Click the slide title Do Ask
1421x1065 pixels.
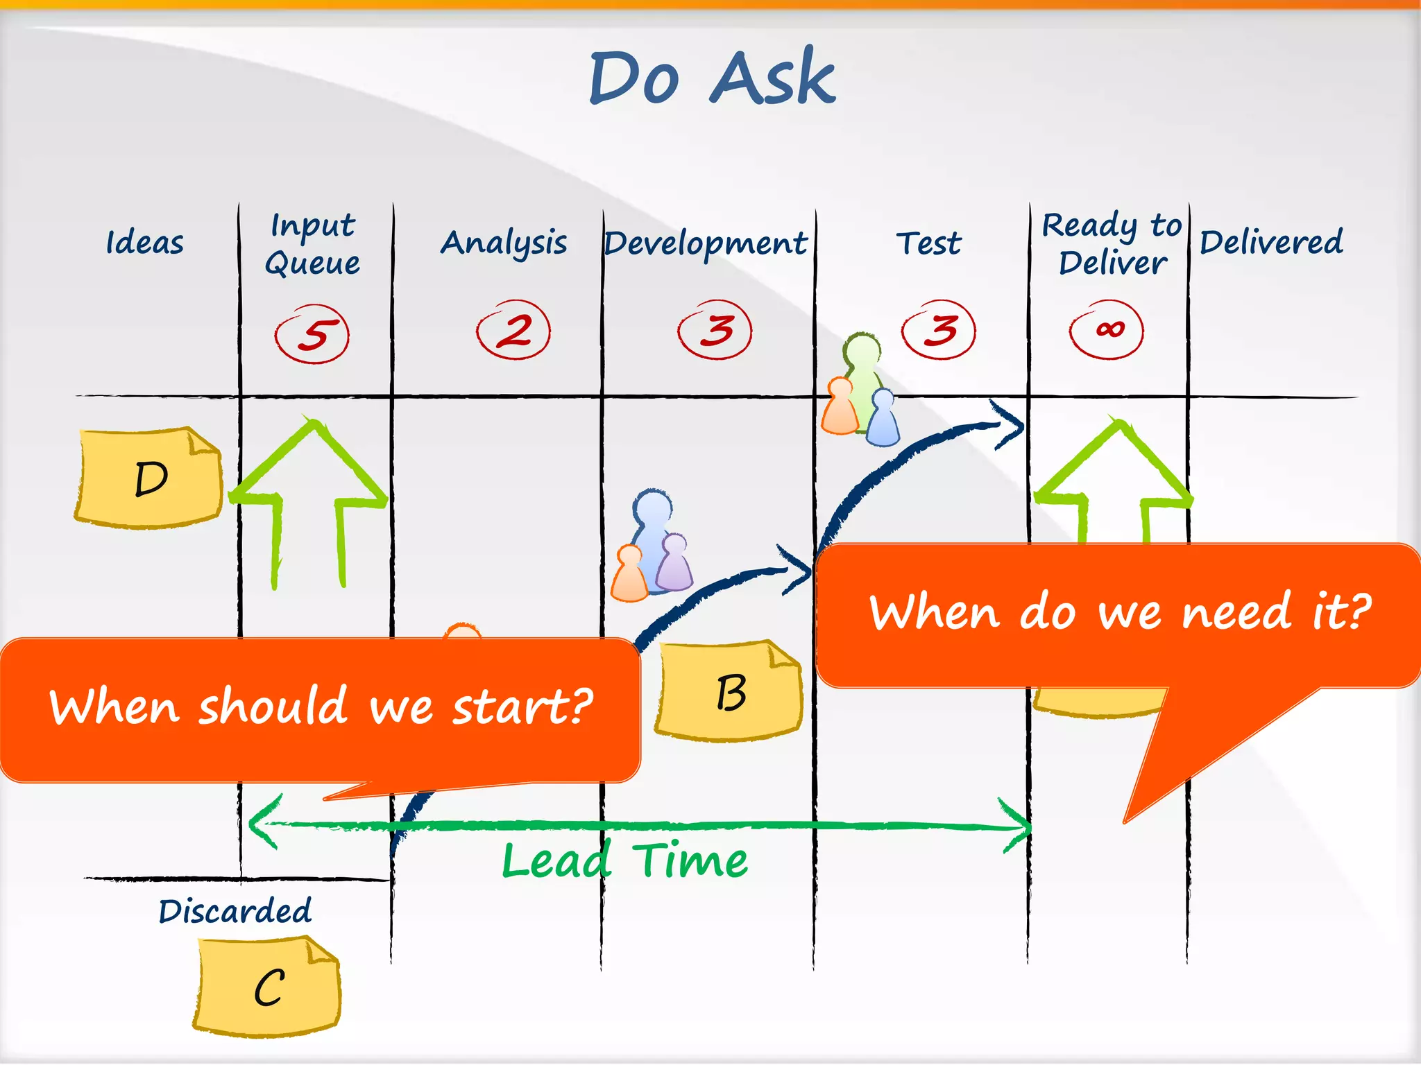click(x=713, y=78)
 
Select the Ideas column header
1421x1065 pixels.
click(x=144, y=243)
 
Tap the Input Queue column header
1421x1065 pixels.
click(x=313, y=244)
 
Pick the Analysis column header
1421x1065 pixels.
click(x=504, y=243)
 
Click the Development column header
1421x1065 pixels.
click(x=706, y=243)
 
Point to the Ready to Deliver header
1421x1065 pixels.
click(x=1112, y=244)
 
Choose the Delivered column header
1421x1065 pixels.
click(x=1271, y=242)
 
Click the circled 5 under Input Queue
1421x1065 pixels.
click(x=313, y=334)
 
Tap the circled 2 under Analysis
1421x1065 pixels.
click(x=513, y=330)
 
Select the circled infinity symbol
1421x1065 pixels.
click(x=1107, y=329)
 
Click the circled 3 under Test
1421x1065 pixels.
click(x=939, y=330)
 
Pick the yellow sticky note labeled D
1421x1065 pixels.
click(x=148, y=478)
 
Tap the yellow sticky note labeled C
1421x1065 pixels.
click(x=268, y=987)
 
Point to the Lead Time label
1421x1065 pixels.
click(x=624, y=861)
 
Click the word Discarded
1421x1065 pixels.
click(x=235, y=911)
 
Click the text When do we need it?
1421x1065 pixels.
click(x=1119, y=613)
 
